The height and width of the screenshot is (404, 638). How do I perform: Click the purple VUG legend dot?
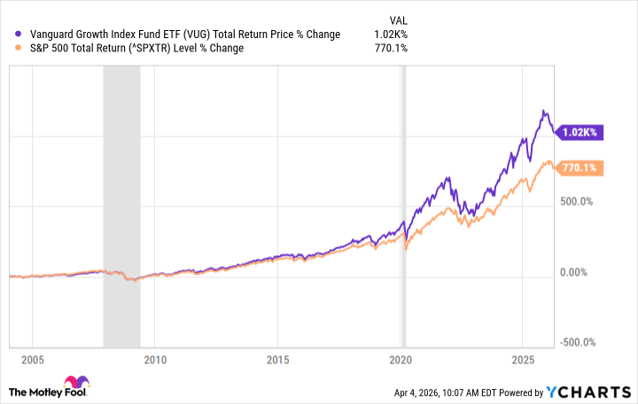pyautogui.click(x=10, y=35)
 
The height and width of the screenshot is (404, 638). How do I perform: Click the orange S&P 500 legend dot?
pyautogui.click(x=10, y=48)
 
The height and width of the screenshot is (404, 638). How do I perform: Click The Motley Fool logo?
pyautogui.click(x=49, y=390)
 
